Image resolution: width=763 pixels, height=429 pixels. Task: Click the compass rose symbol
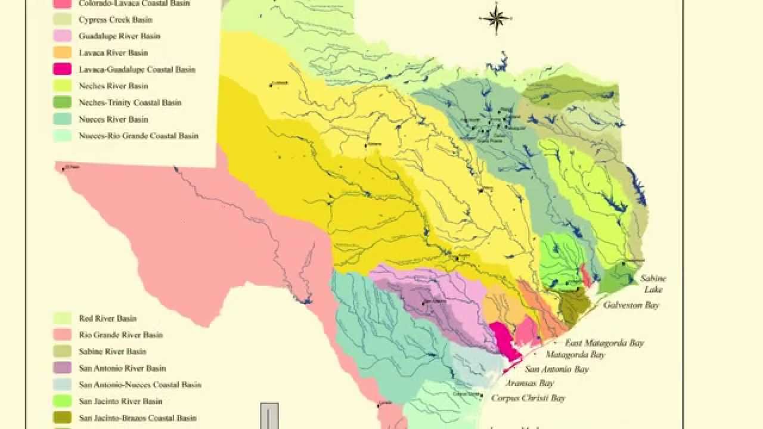coord(495,18)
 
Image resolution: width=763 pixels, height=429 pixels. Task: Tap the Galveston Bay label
coord(631,305)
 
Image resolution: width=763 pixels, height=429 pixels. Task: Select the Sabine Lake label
coord(653,284)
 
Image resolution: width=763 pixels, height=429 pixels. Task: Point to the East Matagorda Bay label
coord(604,343)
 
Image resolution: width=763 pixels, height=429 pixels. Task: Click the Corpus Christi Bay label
coord(528,398)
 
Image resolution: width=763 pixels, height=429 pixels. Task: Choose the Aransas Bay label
coord(529,383)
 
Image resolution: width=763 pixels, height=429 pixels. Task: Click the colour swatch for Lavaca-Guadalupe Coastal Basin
coord(62,69)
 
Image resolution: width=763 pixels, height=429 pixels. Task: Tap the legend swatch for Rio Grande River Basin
coord(62,335)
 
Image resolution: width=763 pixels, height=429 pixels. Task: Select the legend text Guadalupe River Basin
coord(119,36)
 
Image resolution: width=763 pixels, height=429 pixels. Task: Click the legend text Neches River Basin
coord(113,86)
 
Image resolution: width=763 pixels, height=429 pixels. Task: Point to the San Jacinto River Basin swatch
coord(62,401)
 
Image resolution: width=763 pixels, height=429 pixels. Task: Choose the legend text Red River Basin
coord(107,318)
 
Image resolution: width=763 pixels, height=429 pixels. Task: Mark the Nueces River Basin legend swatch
coord(62,119)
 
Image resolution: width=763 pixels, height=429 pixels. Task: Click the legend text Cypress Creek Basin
coord(115,20)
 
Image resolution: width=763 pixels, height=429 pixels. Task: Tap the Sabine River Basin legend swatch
coord(62,352)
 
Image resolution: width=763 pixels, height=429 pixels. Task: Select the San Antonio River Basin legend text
coord(122,368)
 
